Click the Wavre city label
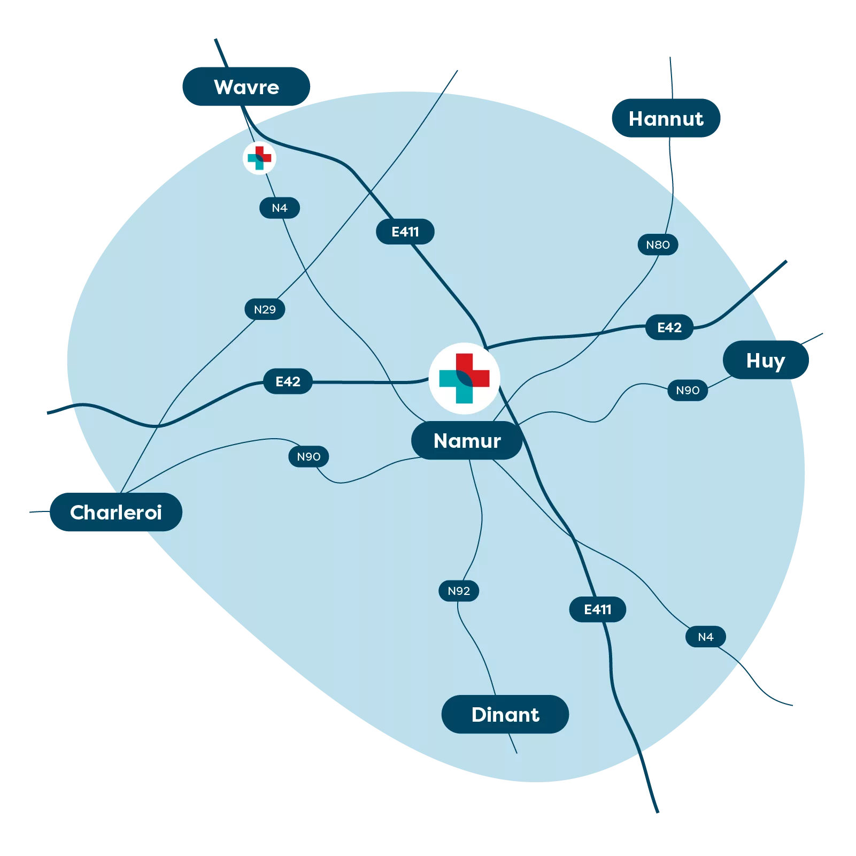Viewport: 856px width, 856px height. coord(246,87)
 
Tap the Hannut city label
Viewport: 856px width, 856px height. coord(666,119)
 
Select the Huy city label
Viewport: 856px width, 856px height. coord(766,361)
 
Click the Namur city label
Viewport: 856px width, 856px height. coord(467,441)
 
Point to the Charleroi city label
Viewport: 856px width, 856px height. coord(115,513)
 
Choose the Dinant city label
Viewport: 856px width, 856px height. coord(505,715)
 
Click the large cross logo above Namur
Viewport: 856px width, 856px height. coord(464,378)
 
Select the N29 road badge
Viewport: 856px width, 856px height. coord(265,309)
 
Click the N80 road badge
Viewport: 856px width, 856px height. coord(658,245)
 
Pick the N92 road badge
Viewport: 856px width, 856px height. coord(459,591)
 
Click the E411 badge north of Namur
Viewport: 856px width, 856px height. coord(405,232)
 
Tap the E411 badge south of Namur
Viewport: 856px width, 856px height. coord(597,609)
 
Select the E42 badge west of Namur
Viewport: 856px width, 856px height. coord(288,381)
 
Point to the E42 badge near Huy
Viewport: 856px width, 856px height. coord(669,327)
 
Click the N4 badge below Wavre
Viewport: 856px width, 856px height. coord(280,208)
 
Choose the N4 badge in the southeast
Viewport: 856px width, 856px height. coord(706,637)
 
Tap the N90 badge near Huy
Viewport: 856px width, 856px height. coord(688,391)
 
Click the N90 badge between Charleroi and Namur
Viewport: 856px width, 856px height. coord(309,457)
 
